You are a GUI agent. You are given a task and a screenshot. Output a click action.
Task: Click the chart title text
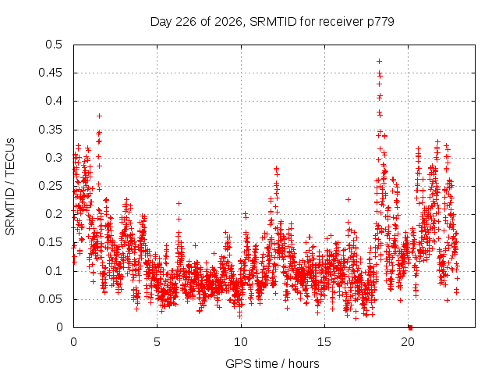pyautogui.click(x=272, y=22)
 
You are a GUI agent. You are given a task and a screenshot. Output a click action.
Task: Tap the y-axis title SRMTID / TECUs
pyautogui.click(x=10, y=187)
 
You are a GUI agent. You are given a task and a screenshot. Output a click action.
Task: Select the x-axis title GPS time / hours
pyautogui.click(x=272, y=363)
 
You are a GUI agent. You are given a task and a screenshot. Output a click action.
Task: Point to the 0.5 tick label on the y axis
pyautogui.click(x=54, y=45)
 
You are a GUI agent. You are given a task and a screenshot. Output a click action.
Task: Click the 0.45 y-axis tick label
pyautogui.click(x=50, y=73)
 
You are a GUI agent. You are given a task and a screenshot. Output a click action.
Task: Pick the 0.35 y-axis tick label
pyautogui.click(x=50, y=130)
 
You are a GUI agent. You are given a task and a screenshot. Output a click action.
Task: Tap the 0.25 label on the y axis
pyautogui.click(x=50, y=186)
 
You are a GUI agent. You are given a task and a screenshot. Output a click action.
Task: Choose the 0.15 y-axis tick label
pyautogui.click(x=50, y=242)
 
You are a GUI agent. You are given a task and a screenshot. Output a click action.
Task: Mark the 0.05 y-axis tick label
pyautogui.click(x=50, y=299)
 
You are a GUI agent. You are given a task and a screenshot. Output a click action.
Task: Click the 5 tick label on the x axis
pyautogui.click(x=157, y=342)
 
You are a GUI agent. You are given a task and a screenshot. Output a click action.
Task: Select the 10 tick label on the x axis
pyautogui.click(x=241, y=342)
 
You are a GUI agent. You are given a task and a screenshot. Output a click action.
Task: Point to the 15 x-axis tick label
pyautogui.click(x=324, y=342)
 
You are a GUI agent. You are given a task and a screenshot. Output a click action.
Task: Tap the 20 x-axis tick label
pyautogui.click(x=408, y=342)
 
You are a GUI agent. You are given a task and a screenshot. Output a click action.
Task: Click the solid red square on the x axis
pyautogui.click(x=411, y=327)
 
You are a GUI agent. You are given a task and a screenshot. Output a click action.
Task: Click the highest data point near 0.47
pyautogui.click(x=379, y=61)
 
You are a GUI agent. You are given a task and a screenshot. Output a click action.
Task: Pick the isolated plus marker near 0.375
pyautogui.click(x=99, y=116)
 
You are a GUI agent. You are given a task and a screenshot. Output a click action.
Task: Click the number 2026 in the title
pyautogui.click(x=228, y=22)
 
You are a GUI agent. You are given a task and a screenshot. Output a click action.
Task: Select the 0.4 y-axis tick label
pyautogui.click(x=54, y=101)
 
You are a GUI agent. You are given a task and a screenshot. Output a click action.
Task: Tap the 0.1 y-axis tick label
pyautogui.click(x=54, y=271)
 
